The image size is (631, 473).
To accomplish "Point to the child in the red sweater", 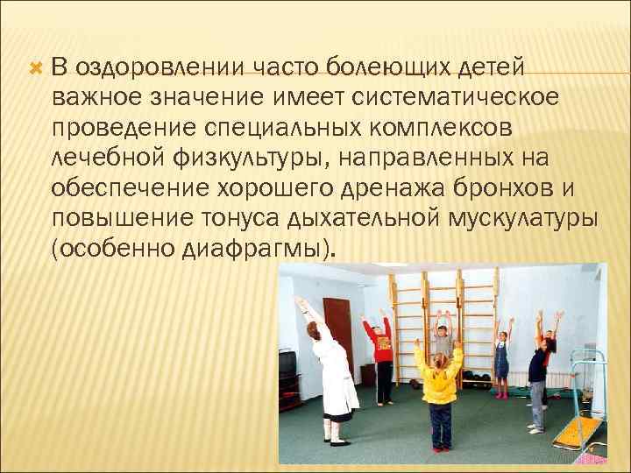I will coord(381,355).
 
